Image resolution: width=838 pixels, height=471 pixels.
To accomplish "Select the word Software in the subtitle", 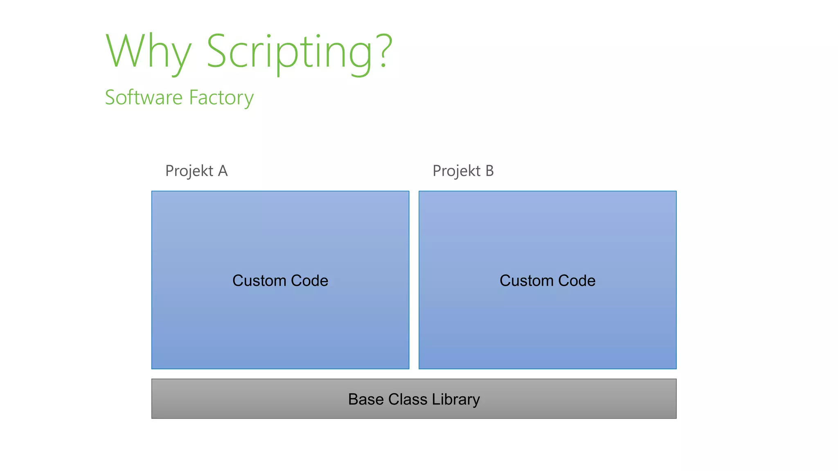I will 144,98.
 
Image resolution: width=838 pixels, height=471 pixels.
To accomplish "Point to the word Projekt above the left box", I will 189,171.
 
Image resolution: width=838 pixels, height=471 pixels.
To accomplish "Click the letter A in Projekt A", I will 223,171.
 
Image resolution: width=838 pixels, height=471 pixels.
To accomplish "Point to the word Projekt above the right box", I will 457,171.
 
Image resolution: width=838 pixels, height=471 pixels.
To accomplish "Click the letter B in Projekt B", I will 489,171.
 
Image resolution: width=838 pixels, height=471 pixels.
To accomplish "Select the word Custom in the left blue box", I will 259,281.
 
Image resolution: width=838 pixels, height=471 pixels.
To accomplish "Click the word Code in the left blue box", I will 309,281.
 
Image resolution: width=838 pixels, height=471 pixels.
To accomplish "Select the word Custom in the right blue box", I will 526,281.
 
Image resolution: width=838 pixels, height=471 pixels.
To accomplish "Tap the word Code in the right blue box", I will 577,281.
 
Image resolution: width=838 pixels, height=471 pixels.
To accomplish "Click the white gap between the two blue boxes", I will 414,280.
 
